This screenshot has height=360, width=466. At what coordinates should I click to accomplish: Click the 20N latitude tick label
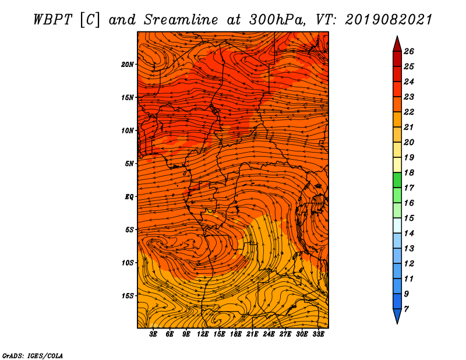click(127, 65)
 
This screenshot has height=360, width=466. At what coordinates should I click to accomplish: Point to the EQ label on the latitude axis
click(129, 197)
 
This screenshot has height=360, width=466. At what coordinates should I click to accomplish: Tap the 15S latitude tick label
click(128, 296)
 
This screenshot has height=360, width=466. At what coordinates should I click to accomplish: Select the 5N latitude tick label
click(129, 164)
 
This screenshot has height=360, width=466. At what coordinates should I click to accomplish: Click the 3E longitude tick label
click(153, 334)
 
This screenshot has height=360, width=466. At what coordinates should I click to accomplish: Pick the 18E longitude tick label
click(236, 334)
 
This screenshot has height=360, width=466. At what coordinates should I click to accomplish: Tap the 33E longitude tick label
click(318, 334)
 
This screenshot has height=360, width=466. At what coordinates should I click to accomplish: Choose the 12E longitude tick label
click(203, 334)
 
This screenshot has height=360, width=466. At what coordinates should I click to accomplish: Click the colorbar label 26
click(409, 51)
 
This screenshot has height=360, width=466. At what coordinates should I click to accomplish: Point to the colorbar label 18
click(409, 172)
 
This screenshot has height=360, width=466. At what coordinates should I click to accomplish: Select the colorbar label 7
click(406, 309)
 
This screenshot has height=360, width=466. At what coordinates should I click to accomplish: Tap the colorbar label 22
click(409, 112)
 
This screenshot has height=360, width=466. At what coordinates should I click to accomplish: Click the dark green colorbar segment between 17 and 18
click(397, 180)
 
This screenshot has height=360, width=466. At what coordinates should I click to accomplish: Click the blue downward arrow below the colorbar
click(397, 316)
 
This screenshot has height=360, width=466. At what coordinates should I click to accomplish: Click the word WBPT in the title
click(53, 20)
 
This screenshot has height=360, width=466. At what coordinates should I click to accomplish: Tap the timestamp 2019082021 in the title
click(388, 20)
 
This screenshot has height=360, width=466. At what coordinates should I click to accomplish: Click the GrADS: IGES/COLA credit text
click(33, 355)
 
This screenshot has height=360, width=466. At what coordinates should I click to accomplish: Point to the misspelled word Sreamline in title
click(181, 20)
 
